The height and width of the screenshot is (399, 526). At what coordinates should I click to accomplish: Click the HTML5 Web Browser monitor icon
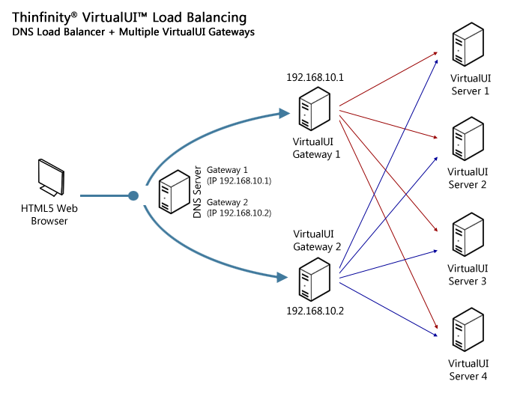pyautogui.click(x=50, y=178)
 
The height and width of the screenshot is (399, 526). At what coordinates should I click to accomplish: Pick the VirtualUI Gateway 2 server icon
pyautogui.click(x=314, y=278)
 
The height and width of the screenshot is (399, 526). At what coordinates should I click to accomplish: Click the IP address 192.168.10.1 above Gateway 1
pyautogui.click(x=315, y=77)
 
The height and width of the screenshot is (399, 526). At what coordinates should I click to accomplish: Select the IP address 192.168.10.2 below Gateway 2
pyautogui.click(x=315, y=310)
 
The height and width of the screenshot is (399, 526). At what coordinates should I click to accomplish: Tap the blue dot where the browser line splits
pyautogui.click(x=133, y=196)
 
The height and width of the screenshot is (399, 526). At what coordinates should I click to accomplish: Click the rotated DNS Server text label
pyautogui.click(x=197, y=192)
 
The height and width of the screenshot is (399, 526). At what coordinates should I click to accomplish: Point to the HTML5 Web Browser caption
pyautogui.click(x=49, y=215)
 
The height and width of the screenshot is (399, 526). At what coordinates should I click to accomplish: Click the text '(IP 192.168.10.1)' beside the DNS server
pyautogui.click(x=238, y=180)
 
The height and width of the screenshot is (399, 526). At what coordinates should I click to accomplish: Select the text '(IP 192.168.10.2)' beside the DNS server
pyautogui.click(x=238, y=213)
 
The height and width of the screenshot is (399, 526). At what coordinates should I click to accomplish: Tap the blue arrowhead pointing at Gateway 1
pyautogui.click(x=284, y=114)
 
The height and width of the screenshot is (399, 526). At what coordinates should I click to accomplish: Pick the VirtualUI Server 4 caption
pyautogui.click(x=468, y=370)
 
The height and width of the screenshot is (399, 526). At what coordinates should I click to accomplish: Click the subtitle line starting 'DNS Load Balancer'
pyautogui.click(x=133, y=32)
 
